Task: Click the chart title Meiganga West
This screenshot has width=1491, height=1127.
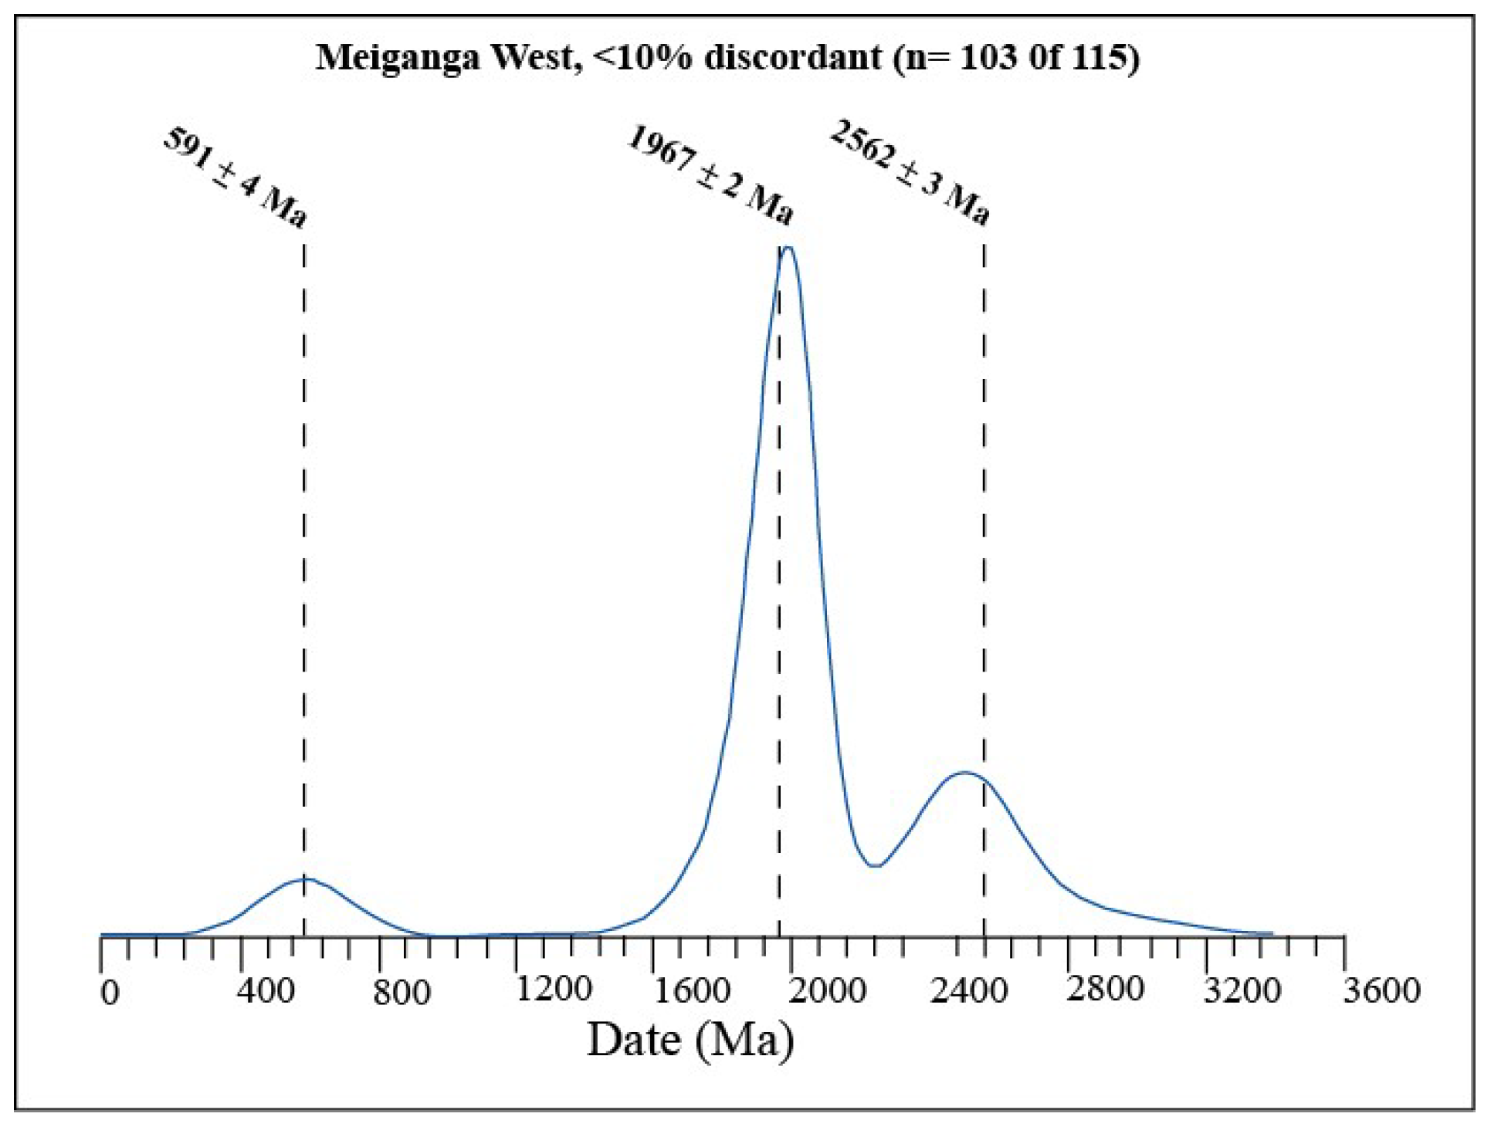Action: (x=448, y=58)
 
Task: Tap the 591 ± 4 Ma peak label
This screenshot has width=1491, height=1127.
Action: (x=235, y=178)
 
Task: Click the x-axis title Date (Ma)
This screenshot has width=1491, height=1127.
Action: (x=690, y=1041)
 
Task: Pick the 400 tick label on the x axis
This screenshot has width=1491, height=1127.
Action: (x=266, y=990)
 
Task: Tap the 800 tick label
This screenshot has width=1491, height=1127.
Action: (x=402, y=992)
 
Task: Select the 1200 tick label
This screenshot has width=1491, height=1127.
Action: (x=554, y=989)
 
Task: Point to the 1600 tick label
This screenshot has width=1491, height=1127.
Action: (x=692, y=990)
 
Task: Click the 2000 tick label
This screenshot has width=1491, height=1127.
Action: (x=827, y=990)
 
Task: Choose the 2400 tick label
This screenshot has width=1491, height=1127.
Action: (x=968, y=990)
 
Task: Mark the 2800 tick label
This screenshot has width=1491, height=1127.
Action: (x=1105, y=989)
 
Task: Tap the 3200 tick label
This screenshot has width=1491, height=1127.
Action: (x=1242, y=990)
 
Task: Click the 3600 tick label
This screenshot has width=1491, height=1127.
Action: (x=1381, y=990)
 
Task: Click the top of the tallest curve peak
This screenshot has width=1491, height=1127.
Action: (x=788, y=248)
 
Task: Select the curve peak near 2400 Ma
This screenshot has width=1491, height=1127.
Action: (x=964, y=772)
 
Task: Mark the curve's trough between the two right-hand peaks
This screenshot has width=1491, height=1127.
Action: (x=874, y=866)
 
